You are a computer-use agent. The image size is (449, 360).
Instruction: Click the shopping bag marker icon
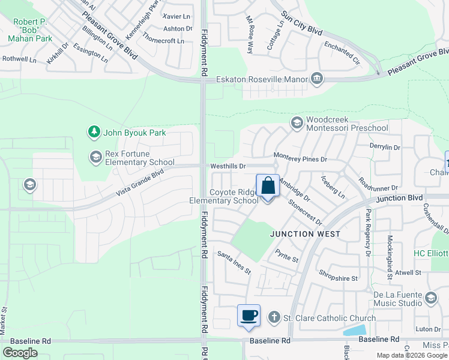pos(268,186)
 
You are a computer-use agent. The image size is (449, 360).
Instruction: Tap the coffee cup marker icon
pos(249,315)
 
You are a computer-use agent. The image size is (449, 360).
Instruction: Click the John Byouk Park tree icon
pos(93,131)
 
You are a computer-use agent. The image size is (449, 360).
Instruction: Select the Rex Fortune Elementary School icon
pos(95,157)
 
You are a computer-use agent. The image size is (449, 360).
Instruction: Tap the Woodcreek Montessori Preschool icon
pos(297,123)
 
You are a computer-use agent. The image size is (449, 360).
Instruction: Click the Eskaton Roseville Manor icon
pos(317,79)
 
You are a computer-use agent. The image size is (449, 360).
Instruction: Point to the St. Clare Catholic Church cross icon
pos(274,317)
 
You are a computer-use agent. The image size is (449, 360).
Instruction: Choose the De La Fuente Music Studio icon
pos(430,298)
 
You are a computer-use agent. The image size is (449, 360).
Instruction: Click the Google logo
pos(20,352)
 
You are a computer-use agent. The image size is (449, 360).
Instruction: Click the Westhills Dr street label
pos(228,166)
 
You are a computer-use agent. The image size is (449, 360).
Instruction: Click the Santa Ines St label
pos(234,262)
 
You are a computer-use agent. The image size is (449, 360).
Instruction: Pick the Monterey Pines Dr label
pos(300,159)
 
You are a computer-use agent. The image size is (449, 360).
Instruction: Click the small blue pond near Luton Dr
pos(354,329)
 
